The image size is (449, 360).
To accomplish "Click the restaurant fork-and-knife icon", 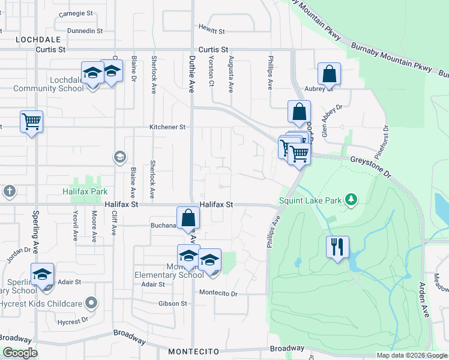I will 337,247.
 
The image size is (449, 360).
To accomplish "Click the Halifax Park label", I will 85,191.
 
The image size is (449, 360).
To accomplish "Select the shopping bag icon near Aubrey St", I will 329,74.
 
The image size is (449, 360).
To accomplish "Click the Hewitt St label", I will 212,31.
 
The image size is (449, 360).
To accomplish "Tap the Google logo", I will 20,353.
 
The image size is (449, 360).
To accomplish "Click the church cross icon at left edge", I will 9,191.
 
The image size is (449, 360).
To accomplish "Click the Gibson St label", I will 173,304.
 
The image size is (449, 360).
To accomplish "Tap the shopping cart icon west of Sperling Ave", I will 31,122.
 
